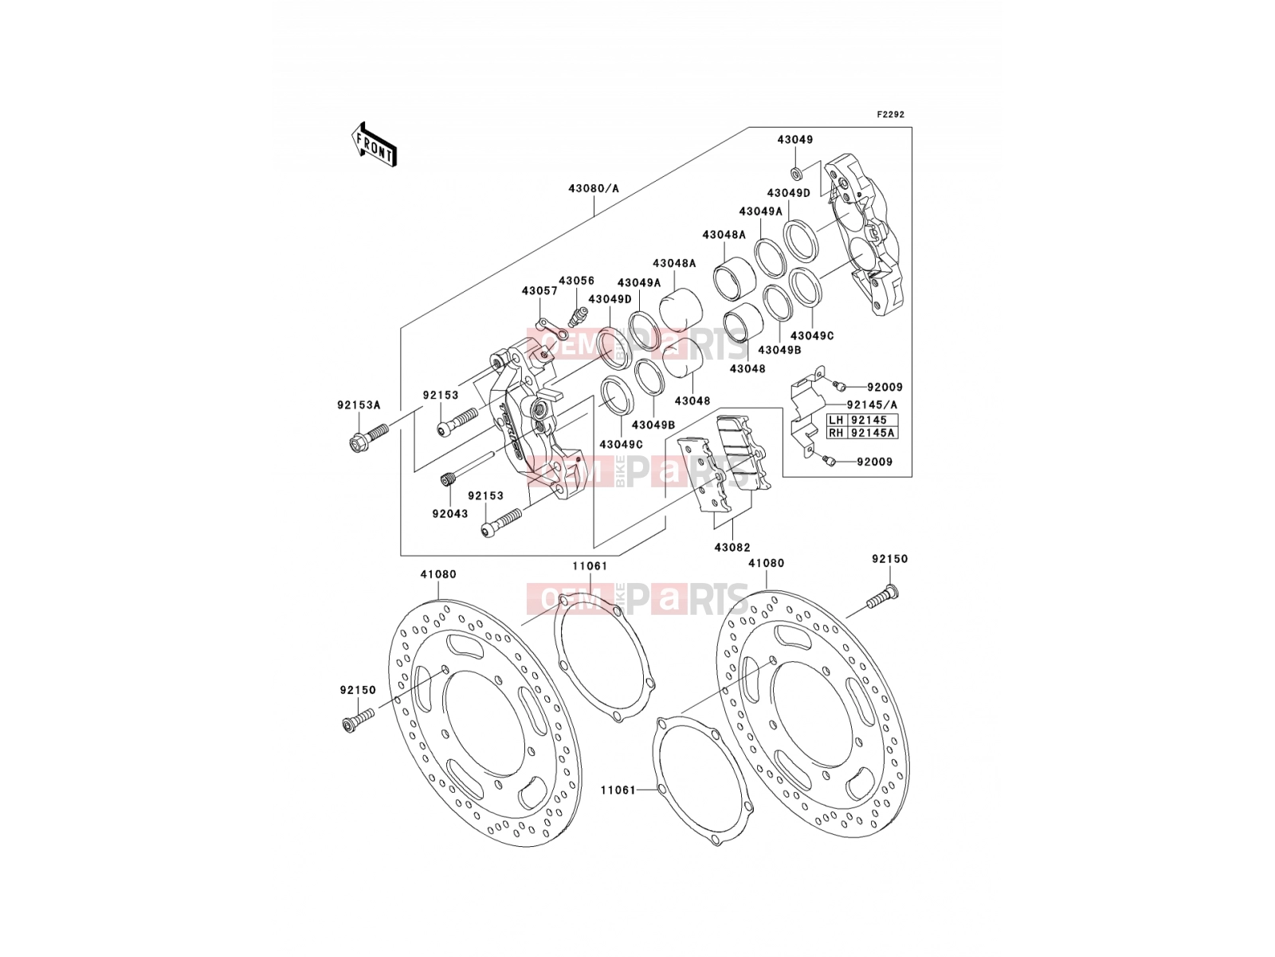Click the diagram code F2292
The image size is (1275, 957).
coord(890,115)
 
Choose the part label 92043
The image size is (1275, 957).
coord(449,514)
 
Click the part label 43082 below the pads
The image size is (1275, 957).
coord(732,547)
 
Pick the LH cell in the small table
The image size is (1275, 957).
coord(836,420)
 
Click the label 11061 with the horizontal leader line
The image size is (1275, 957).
coord(618,790)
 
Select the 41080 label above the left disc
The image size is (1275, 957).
coord(438,574)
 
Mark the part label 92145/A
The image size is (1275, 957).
coord(872,404)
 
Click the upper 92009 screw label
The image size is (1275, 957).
coord(885,387)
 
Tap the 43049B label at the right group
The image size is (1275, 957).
coord(779,350)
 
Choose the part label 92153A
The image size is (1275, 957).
coord(359,405)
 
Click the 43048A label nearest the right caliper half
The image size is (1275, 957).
coord(724,234)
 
